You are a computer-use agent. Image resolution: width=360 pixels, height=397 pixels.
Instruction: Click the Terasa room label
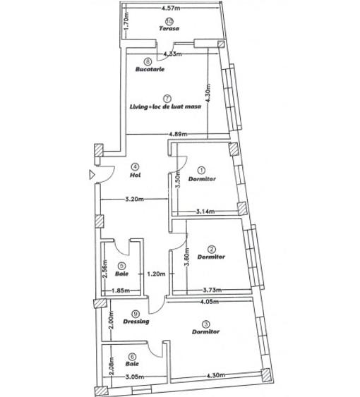[168, 29]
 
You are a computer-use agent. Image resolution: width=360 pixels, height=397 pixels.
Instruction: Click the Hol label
[136, 175]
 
